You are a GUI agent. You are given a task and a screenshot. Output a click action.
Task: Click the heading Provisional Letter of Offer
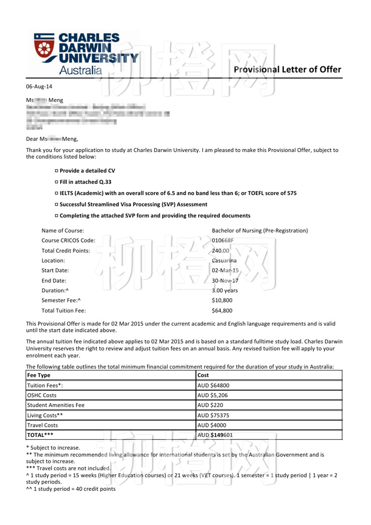[287, 69]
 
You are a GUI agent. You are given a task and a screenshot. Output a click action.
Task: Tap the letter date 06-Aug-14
[39, 86]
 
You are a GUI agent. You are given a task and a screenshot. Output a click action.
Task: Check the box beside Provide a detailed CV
[56, 171]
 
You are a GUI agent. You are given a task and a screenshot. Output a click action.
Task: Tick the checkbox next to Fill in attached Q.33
[56, 182]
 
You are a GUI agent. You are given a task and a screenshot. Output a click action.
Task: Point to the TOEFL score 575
[292, 193]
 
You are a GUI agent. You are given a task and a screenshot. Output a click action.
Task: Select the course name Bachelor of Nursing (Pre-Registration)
[260, 231]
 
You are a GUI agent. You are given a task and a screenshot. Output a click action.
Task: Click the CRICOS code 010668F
[223, 240]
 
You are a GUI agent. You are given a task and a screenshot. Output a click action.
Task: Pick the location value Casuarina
[224, 261]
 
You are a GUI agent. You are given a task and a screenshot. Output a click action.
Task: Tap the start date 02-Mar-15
[225, 270]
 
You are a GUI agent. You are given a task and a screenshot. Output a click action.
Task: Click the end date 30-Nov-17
[225, 281]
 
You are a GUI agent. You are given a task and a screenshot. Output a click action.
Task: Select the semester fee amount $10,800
[222, 300]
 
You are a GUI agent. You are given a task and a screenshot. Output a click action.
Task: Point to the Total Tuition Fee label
[64, 310]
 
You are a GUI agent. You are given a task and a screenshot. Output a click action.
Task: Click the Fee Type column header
[39, 375]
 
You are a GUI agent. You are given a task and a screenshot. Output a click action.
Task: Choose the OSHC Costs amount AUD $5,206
[213, 395]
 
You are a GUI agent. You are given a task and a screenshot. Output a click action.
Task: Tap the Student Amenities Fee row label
[56, 405]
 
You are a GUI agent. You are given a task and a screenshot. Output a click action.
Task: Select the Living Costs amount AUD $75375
[213, 415]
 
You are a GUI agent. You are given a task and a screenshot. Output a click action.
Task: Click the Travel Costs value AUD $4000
[212, 425]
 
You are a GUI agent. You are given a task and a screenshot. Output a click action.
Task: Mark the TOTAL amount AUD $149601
[215, 435]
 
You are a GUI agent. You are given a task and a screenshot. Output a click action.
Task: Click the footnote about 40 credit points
[71, 489]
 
